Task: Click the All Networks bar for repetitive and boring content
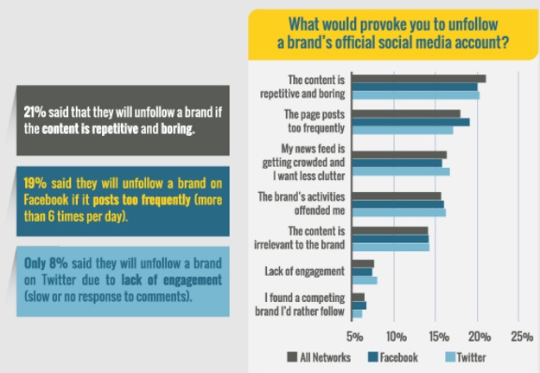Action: pyautogui.click(x=419, y=79)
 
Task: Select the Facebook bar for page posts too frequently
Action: pyautogui.click(x=411, y=122)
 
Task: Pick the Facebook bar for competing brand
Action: pyautogui.click(x=359, y=305)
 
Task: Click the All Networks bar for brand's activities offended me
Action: pyautogui.click(x=397, y=196)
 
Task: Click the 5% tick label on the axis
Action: pyautogui.click(x=354, y=336)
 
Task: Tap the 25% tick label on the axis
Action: pyautogui.click(x=521, y=336)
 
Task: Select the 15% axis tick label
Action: pyautogui.click(x=437, y=336)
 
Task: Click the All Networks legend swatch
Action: pyautogui.click(x=291, y=357)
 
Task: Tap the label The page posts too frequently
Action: pyautogui.click(x=314, y=122)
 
